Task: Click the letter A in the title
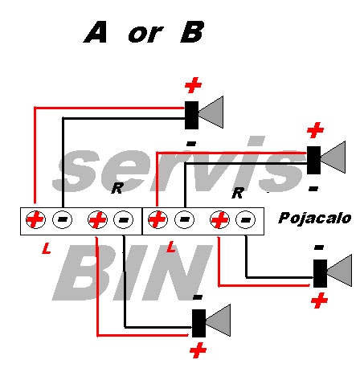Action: [96, 32]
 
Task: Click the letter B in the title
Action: [192, 32]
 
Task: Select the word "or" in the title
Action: [145, 35]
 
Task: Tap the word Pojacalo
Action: [314, 219]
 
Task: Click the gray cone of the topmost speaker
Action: [211, 112]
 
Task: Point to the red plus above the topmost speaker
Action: [193, 85]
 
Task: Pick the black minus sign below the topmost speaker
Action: [191, 144]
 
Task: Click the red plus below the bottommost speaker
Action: [198, 351]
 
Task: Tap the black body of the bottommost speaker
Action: [198, 323]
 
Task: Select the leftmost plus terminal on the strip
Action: [35, 219]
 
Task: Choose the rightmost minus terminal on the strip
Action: [245, 219]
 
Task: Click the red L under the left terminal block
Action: [47, 248]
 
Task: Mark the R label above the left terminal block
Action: [117, 188]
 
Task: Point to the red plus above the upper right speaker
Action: [315, 130]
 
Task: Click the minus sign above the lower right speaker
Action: [319, 247]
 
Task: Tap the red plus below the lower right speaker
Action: [319, 300]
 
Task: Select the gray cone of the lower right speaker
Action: [339, 271]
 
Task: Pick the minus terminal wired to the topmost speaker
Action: [62, 219]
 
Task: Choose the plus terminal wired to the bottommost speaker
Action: [98, 219]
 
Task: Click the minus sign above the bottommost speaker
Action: [198, 297]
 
